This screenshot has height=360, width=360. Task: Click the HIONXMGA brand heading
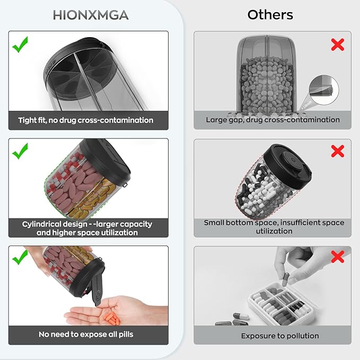tap(91, 15)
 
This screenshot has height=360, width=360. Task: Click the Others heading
tap(270, 15)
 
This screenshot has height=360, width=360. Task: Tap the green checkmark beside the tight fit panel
tap(20, 45)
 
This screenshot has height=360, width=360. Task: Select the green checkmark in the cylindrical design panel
tap(20, 151)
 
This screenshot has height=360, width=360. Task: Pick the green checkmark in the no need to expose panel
tap(20, 257)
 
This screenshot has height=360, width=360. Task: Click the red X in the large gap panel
tap(338, 45)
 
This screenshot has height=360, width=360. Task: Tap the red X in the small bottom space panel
tap(338, 151)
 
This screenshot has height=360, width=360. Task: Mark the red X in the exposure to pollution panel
tap(338, 257)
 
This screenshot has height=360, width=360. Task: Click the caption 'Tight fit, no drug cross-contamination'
tap(86, 120)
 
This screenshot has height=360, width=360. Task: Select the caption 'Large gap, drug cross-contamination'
tap(273, 120)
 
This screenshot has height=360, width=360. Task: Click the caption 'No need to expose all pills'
tap(86, 335)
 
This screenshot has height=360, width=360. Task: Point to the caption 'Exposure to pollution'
tap(280, 336)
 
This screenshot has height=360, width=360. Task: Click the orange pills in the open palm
tap(112, 318)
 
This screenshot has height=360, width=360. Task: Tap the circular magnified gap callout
tap(324, 90)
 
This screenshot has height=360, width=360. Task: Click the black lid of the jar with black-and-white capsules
tap(287, 166)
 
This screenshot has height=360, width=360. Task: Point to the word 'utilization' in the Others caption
tap(274, 231)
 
